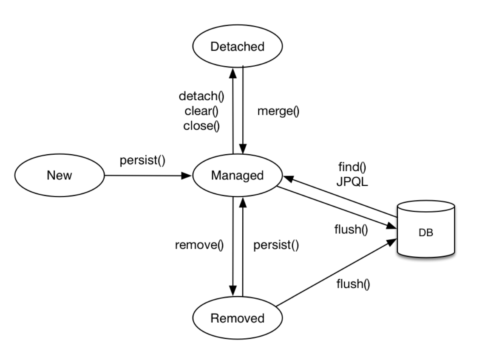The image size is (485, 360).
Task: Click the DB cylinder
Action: pos(426,229)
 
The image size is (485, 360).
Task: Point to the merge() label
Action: pos(278,111)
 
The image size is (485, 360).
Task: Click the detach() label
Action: pos(201,96)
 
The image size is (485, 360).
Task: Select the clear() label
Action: pos(201,111)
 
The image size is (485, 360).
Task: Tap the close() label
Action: pos(201,126)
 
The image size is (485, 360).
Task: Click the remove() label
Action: pos(199,245)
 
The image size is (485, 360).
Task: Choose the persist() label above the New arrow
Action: pos(142,160)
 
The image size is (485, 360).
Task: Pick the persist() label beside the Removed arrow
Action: pos(276,245)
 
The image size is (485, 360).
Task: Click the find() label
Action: pos(352,167)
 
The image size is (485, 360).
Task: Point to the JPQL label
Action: pos(352,181)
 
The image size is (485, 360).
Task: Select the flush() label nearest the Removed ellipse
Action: pos(353,283)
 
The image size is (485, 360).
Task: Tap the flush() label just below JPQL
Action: pos(351,230)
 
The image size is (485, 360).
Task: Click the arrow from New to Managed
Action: pos(148,176)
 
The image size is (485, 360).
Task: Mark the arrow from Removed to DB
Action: pos(336,272)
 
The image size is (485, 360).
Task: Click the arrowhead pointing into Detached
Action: pos(233,73)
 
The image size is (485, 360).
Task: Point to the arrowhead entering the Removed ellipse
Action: pos(233,291)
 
